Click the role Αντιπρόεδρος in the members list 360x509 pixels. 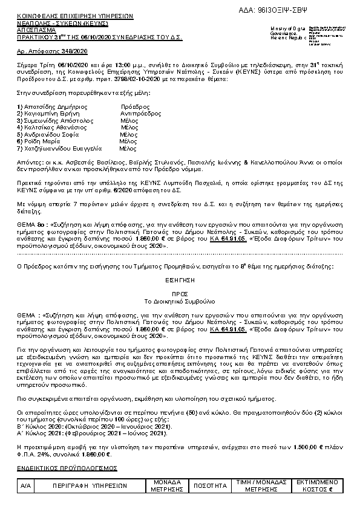140,113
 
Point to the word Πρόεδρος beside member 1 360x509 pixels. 134,106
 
